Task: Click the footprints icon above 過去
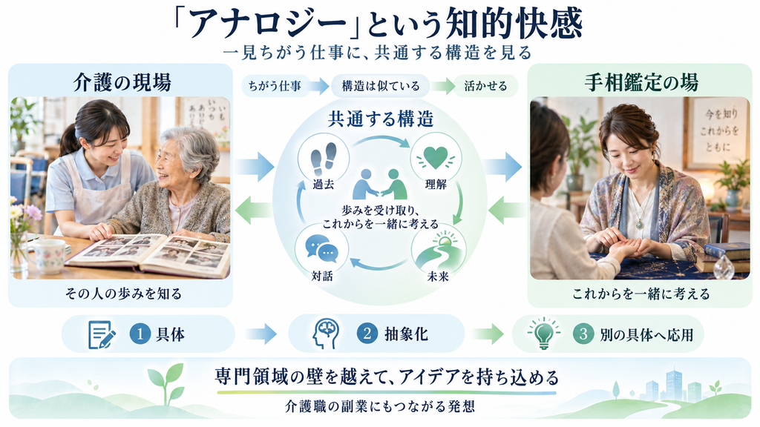324,159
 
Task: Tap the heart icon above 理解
436,157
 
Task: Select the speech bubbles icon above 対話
321,248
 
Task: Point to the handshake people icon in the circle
380,185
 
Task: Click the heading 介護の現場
122,82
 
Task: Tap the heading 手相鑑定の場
641,82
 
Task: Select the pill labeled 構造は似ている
381,86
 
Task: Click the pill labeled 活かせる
485,86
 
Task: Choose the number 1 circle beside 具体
140,334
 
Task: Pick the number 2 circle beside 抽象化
367,334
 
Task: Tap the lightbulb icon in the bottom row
544,333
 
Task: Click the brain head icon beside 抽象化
326,334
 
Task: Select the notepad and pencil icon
101,334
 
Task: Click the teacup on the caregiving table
47,255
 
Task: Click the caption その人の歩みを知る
123,294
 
